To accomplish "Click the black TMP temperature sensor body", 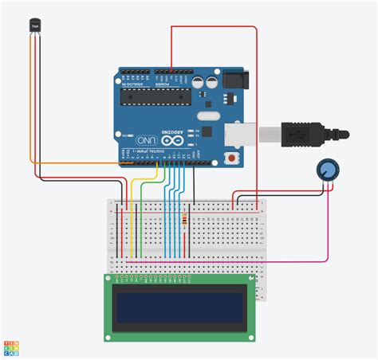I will (x=34, y=27).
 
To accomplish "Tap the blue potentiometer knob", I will (x=326, y=169).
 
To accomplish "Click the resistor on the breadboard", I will (x=187, y=220).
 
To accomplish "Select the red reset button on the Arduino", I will (x=231, y=158).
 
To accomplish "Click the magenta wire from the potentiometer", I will (x=239, y=260).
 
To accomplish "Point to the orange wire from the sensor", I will (x=80, y=162).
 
